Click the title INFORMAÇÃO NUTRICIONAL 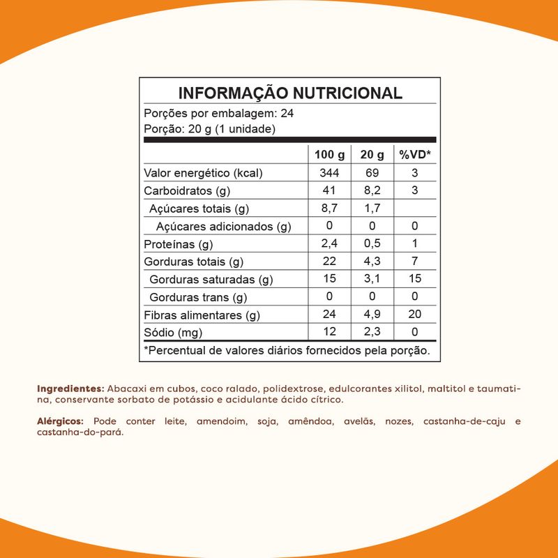[x=290, y=94]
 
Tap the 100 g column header [x=329, y=155]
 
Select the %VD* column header [x=414, y=155]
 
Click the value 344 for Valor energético [x=329, y=173]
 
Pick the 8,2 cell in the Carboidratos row [x=372, y=190]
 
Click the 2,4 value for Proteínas [x=329, y=244]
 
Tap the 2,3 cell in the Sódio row [x=372, y=333]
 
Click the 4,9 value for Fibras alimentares [x=372, y=315]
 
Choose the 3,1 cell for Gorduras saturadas [x=372, y=280]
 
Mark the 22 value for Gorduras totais [x=329, y=262]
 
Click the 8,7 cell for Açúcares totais [x=329, y=209]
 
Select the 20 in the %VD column [x=414, y=315]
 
